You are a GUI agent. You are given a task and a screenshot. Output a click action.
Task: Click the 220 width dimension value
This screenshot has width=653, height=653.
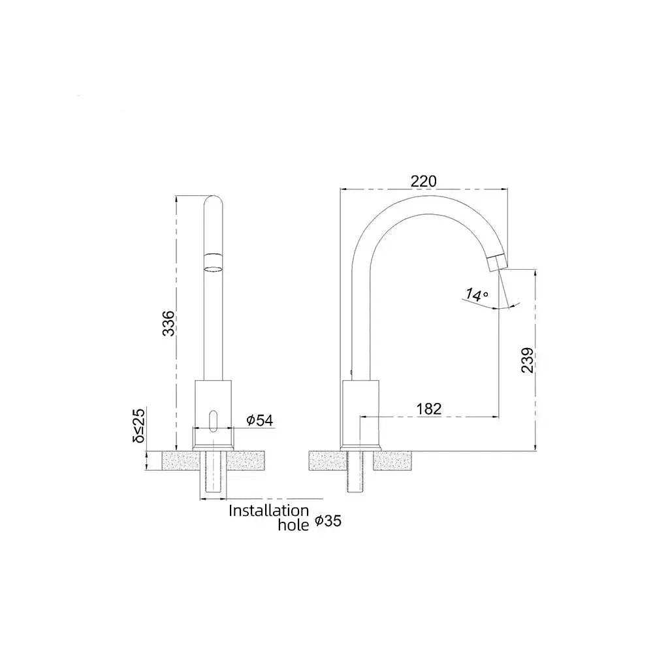tap(423, 181)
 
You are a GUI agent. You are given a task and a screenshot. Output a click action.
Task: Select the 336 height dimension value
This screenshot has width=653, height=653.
tap(168, 323)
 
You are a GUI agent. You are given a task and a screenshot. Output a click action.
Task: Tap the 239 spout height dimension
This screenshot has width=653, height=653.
tap(528, 360)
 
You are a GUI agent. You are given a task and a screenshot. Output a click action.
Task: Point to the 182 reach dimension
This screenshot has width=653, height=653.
tap(428, 409)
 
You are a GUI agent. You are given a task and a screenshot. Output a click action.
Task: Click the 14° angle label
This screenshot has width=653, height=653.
tap(477, 295)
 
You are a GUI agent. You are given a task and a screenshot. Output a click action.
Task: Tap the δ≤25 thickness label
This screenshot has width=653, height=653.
tap(138, 425)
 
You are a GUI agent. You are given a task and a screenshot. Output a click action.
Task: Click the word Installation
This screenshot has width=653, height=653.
tap(268, 511)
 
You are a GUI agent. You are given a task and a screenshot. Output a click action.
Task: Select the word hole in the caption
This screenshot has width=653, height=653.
tap(293, 524)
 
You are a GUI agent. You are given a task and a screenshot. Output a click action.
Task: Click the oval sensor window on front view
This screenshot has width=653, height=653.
tap(212, 419)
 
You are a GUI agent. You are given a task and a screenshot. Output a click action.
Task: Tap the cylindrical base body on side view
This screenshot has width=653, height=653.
tap(361, 411)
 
